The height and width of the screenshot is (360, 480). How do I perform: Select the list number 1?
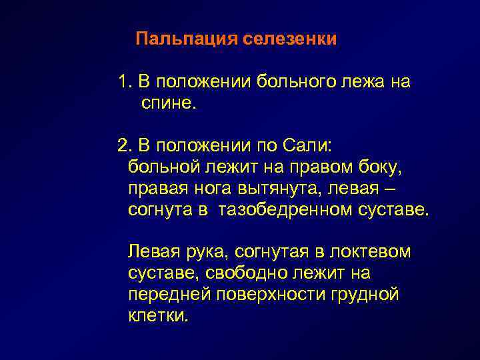click(x=123, y=83)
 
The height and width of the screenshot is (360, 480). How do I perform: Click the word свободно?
click(x=253, y=273)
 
